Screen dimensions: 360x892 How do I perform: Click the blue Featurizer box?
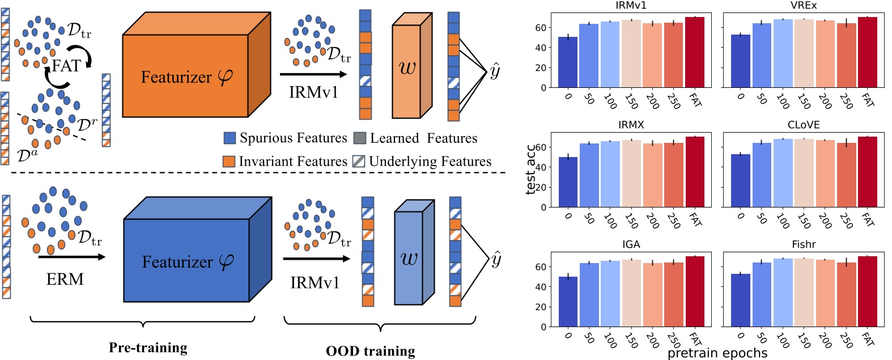pyautogui.click(x=186, y=260)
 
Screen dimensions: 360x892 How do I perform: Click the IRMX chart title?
pyautogui.click(x=631, y=125)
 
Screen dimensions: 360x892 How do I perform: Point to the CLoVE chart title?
pyautogui.click(x=803, y=125)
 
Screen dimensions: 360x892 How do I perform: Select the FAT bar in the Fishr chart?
pyautogui.click(x=867, y=291)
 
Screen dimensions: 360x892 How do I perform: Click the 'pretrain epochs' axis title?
pyautogui.click(x=717, y=353)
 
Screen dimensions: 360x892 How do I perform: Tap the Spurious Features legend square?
pyautogui.click(x=230, y=138)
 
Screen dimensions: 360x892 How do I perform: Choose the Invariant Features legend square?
pyautogui.click(x=229, y=162)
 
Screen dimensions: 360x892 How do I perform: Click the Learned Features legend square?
pyautogui.click(x=359, y=138)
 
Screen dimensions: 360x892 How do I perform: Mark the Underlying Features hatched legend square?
pyautogui.click(x=359, y=162)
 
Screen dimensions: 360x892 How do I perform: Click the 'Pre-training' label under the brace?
pyautogui.click(x=148, y=348)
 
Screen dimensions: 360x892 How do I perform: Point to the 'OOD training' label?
pyautogui.click(x=370, y=351)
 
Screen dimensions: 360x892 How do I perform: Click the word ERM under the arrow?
pyautogui.click(x=65, y=279)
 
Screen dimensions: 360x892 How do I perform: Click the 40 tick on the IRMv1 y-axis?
pyautogui.click(x=541, y=48)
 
